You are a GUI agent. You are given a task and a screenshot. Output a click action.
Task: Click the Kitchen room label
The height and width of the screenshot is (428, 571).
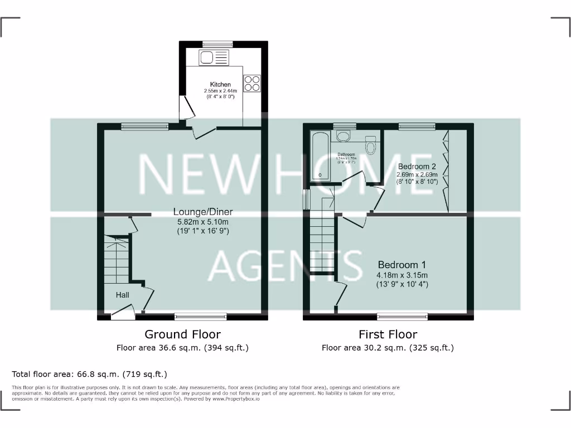click(220, 85)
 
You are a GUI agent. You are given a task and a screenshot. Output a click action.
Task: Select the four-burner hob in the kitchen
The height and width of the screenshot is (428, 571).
click(251, 82)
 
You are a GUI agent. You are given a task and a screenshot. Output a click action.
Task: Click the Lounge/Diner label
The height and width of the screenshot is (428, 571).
click(202, 212)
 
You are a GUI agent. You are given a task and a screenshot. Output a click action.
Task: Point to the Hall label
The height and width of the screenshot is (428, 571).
click(123, 295)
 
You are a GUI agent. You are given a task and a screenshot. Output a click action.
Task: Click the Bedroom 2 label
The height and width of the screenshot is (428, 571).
click(417, 166)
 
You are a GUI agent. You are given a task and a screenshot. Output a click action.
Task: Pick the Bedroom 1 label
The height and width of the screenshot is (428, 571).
click(401, 265)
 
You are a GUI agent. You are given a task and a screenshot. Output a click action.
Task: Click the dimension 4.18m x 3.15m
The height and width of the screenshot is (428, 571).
click(401, 275)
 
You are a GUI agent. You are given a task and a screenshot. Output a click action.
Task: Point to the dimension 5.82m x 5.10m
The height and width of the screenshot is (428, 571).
click(202, 221)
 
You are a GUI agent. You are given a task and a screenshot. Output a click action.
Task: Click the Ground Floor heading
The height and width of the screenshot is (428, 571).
click(182, 334)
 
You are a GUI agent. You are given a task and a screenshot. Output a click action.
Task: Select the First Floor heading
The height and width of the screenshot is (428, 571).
click(388, 334)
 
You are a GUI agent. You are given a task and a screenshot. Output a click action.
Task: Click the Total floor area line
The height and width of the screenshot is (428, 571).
click(90, 374)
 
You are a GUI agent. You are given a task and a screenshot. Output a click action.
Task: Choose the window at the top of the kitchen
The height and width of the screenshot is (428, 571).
click(217, 44)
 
